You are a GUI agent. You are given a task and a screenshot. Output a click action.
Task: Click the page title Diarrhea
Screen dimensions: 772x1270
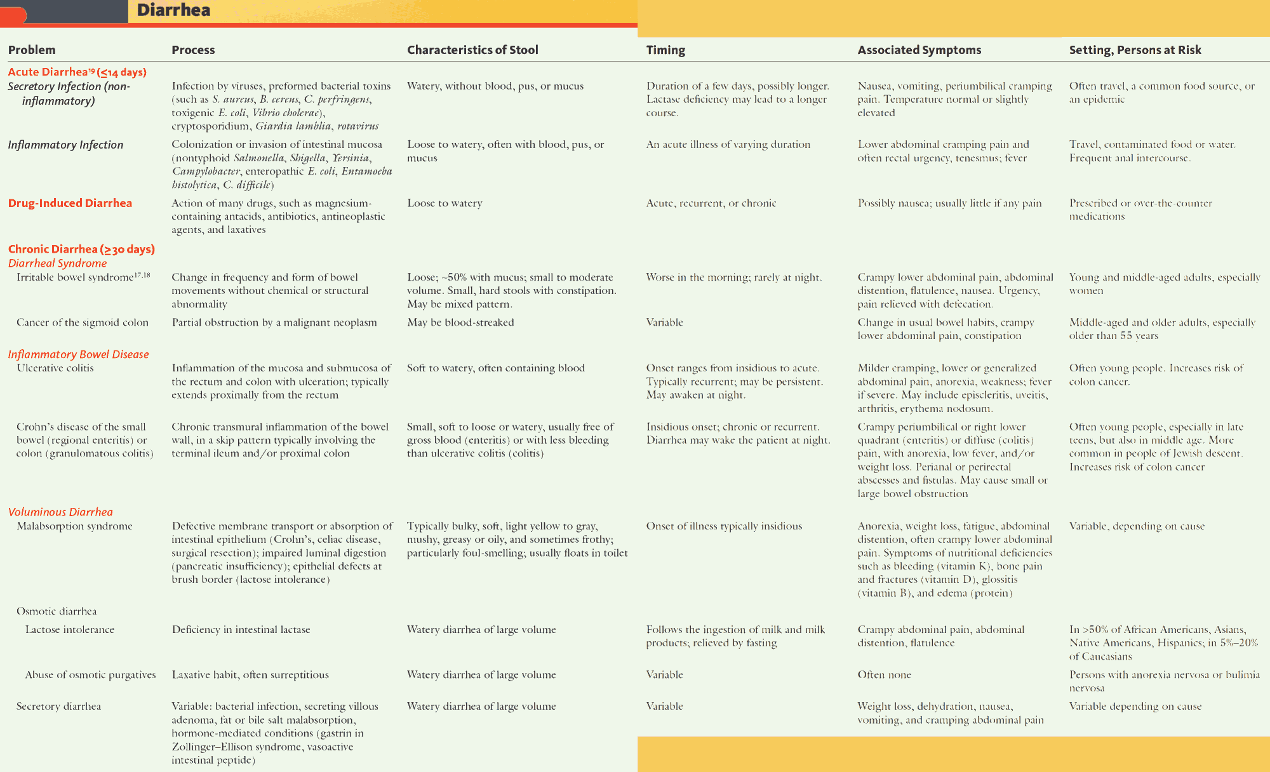[173, 10]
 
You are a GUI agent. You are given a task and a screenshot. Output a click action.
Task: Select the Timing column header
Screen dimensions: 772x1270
[665, 50]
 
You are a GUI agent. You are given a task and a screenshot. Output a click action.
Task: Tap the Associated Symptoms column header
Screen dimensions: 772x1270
[919, 50]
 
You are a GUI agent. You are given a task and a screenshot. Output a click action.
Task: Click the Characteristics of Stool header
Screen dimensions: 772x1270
[472, 50]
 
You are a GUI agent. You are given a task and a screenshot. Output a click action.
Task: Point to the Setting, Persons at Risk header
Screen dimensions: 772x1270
[1135, 50]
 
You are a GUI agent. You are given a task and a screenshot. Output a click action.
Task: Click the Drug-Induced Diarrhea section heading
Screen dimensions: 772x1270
[70, 203]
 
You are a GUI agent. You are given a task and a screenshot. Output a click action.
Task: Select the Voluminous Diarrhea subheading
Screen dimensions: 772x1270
[60, 512]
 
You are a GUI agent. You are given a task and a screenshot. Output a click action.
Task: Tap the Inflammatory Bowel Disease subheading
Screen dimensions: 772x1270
[78, 354]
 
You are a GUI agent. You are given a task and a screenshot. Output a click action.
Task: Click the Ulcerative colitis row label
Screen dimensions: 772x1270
[55, 368]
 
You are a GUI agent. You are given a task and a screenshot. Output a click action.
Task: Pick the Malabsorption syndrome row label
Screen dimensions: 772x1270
[74, 526]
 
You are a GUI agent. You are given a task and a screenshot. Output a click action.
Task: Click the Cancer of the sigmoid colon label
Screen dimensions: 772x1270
[83, 323]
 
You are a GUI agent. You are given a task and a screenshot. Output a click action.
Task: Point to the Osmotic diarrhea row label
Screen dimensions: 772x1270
[57, 611]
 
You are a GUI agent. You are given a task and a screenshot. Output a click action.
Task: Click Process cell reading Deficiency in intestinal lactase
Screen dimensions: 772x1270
[241, 629]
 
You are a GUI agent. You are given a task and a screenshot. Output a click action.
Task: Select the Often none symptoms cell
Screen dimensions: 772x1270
[884, 675]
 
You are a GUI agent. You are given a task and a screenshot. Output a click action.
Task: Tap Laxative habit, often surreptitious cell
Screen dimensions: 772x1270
[250, 675]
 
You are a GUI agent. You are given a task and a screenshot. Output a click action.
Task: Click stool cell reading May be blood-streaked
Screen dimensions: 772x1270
[460, 323]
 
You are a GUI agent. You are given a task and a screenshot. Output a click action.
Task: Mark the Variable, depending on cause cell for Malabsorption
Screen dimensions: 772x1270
[1137, 526]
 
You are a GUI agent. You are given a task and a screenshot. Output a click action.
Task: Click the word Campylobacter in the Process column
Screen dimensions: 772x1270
[206, 171]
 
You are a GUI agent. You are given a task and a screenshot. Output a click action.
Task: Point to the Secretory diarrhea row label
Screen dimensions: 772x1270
[58, 706]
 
